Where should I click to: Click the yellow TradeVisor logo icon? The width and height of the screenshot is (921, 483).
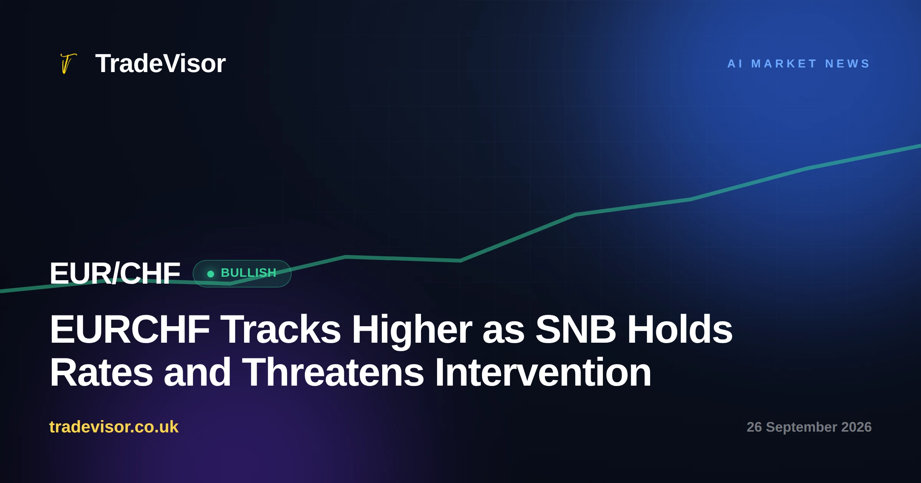tap(68, 63)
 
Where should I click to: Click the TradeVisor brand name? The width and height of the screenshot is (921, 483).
tap(160, 63)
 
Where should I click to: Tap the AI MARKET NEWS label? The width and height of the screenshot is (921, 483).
tap(799, 64)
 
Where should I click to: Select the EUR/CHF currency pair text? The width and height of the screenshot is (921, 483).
tap(115, 273)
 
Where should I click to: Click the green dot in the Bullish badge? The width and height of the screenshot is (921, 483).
tap(210, 274)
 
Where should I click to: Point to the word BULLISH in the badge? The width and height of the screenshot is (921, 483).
tap(249, 273)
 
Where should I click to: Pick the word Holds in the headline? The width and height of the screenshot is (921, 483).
tap(680, 329)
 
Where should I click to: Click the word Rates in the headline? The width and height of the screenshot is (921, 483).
tap(101, 372)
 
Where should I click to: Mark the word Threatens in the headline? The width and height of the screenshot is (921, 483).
tap(333, 372)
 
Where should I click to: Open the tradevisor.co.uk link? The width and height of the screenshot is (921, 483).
tap(114, 427)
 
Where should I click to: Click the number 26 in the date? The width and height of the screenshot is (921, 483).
tap(754, 427)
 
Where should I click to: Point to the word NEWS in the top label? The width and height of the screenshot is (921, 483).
tap(847, 64)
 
